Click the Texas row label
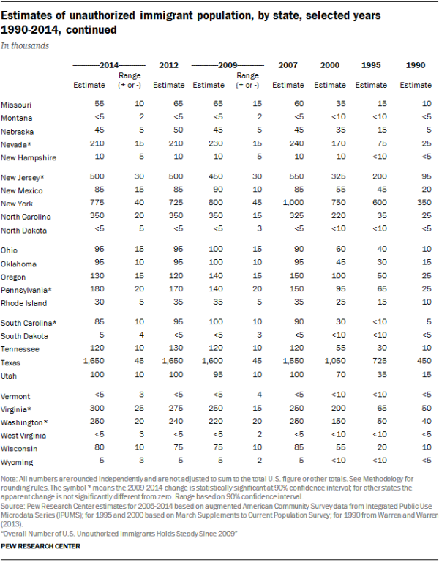(x=11, y=362)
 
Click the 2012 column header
(x=168, y=66)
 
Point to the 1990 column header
(x=414, y=66)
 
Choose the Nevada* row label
(x=16, y=145)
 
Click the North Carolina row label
(x=26, y=217)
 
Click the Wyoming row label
(x=17, y=463)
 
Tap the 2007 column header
(x=288, y=66)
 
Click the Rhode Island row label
(x=23, y=303)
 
